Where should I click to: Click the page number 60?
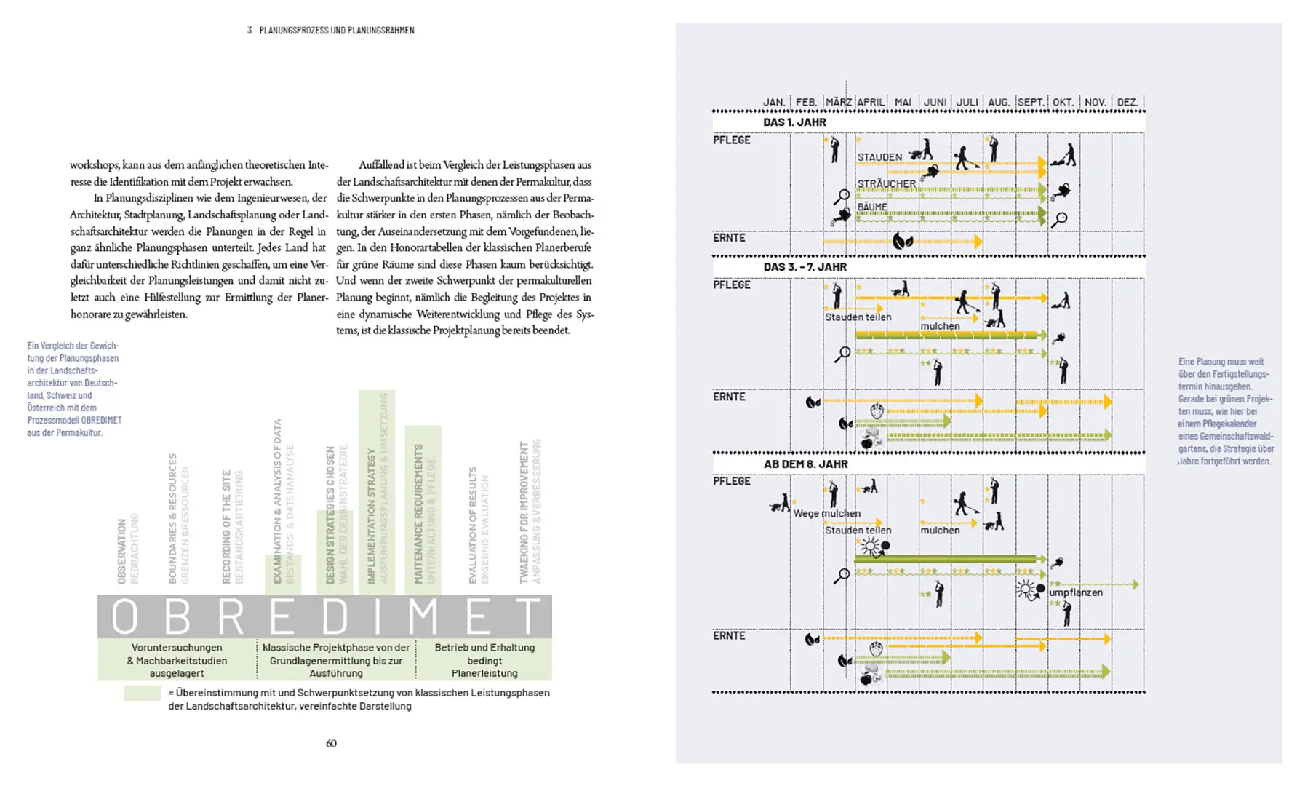(x=331, y=743)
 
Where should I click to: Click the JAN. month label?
(x=774, y=103)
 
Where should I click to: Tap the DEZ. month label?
(x=1127, y=103)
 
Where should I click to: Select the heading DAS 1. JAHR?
(x=794, y=122)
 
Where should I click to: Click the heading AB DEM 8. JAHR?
(x=805, y=464)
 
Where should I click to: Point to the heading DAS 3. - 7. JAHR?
(x=805, y=267)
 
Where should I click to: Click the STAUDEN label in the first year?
(x=879, y=157)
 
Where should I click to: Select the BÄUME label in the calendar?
(x=871, y=207)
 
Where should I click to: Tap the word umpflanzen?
(x=1075, y=592)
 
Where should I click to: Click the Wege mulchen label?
(x=826, y=514)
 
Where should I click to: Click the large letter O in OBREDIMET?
(x=124, y=617)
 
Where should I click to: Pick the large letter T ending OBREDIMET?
(x=528, y=617)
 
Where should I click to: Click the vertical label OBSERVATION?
(x=122, y=551)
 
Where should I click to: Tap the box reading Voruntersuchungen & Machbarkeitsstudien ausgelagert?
(x=177, y=660)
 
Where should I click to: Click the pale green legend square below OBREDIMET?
(x=143, y=693)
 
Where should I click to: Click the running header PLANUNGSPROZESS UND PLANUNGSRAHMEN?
(x=336, y=31)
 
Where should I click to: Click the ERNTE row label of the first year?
(x=729, y=238)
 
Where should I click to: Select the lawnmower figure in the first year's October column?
(x=1066, y=155)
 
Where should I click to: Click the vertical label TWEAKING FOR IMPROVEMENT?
(x=524, y=512)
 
